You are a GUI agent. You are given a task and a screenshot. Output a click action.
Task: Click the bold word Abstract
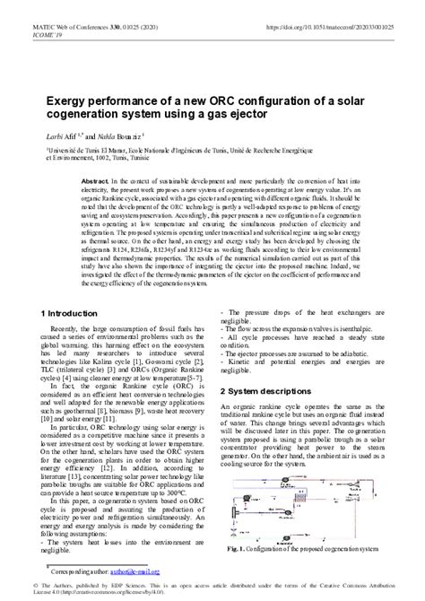click(x=96, y=181)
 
